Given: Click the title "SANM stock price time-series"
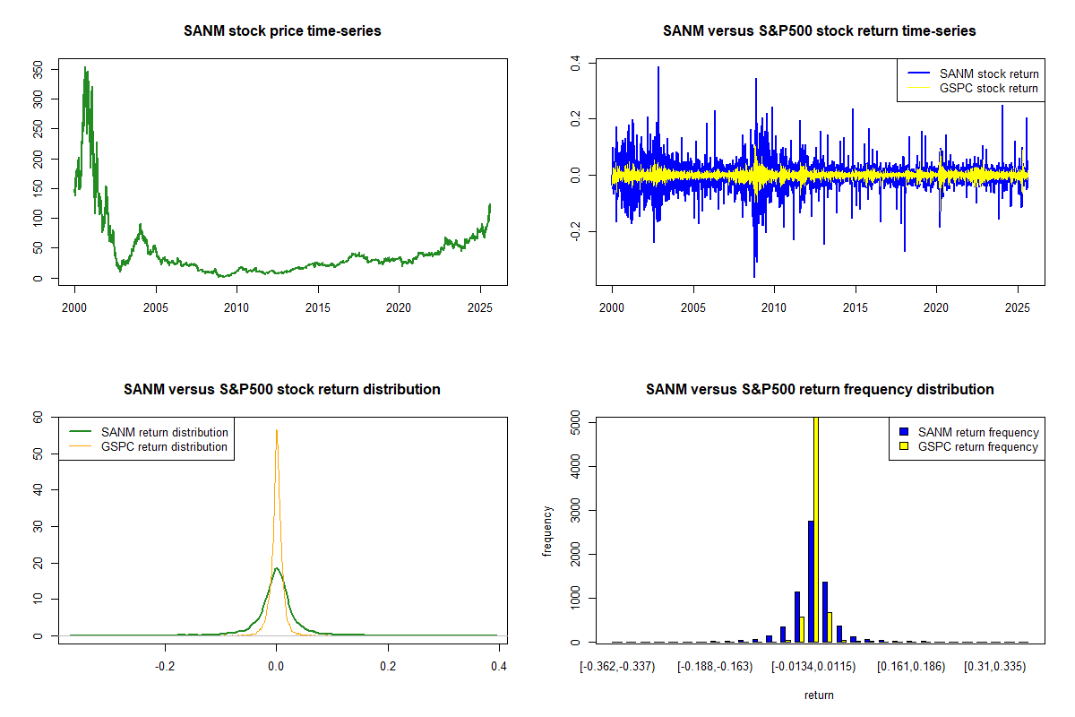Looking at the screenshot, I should click(x=282, y=31).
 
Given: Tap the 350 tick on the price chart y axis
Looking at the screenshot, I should click(x=39, y=69).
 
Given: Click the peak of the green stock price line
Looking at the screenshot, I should click(x=85, y=67).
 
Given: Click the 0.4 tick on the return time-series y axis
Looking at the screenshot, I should click(x=576, y=63).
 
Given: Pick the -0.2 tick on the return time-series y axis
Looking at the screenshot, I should click(x=576, y=232).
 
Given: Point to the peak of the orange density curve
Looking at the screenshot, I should click(x=277, y=430).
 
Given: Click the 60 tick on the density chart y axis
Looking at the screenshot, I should click(x=39, y=417).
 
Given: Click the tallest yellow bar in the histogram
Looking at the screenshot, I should click(x=815, y=529).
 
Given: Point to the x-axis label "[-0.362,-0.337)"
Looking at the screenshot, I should click(x=617, y=667).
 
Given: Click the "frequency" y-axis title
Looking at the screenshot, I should click(x=547, y=531).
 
